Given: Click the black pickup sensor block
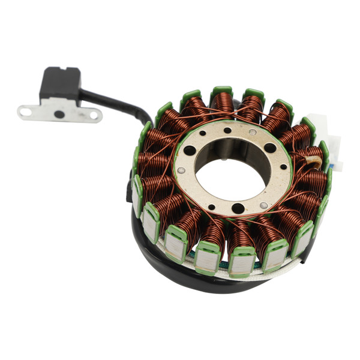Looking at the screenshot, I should click(60, 83).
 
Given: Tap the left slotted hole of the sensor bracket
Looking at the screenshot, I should click(26, 110).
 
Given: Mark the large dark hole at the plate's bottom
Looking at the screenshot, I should click(238, 208).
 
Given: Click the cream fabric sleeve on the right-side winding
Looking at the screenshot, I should click(315, 160).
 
